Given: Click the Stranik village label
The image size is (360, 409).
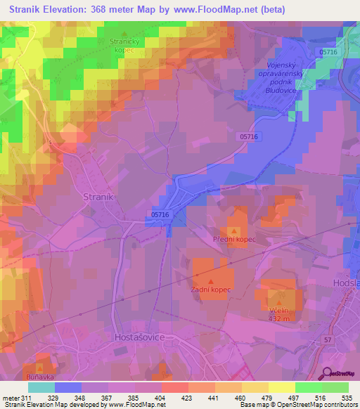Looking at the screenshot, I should pyautogui.click(x=98, y=197).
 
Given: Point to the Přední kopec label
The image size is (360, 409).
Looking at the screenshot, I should pyautogui.click(x=234, y=240).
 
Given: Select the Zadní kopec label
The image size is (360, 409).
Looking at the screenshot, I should pyautogui.click(x=211, y=290).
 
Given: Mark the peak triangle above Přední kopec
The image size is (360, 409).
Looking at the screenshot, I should pyautogui.click(x=234, y=231).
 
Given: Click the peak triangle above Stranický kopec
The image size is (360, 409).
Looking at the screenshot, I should pyautogui.click(x=125, y=34).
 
